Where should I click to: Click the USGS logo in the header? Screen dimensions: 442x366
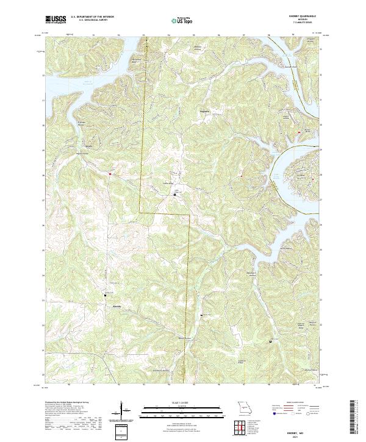coord(55,20)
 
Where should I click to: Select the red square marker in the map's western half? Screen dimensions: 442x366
coord(110,174)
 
